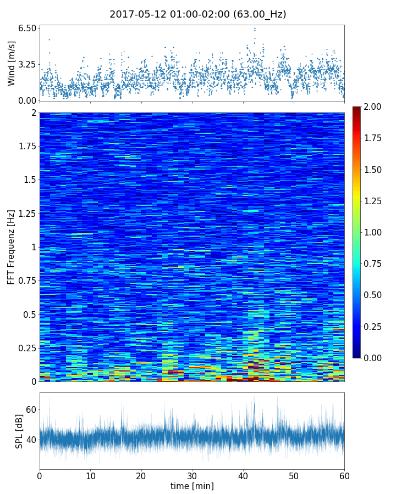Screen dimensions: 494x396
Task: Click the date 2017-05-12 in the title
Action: pyautogui.click(x=134, y=15)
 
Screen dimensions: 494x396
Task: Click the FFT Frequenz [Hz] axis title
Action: pyautogui.click(x=12, y=247)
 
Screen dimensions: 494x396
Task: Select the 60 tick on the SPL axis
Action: pyautogui.click(x=31, y=409)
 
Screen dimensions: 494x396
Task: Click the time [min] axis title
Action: pyautogui.click(x=192, y=486)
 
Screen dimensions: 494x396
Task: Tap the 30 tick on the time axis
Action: pyautogui.click(x=192, y=475)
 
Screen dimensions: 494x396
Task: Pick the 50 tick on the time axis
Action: pyautogui.click(x=294, y=475)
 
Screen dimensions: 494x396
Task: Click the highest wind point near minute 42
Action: pyautogui.click(x=255, y=28)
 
